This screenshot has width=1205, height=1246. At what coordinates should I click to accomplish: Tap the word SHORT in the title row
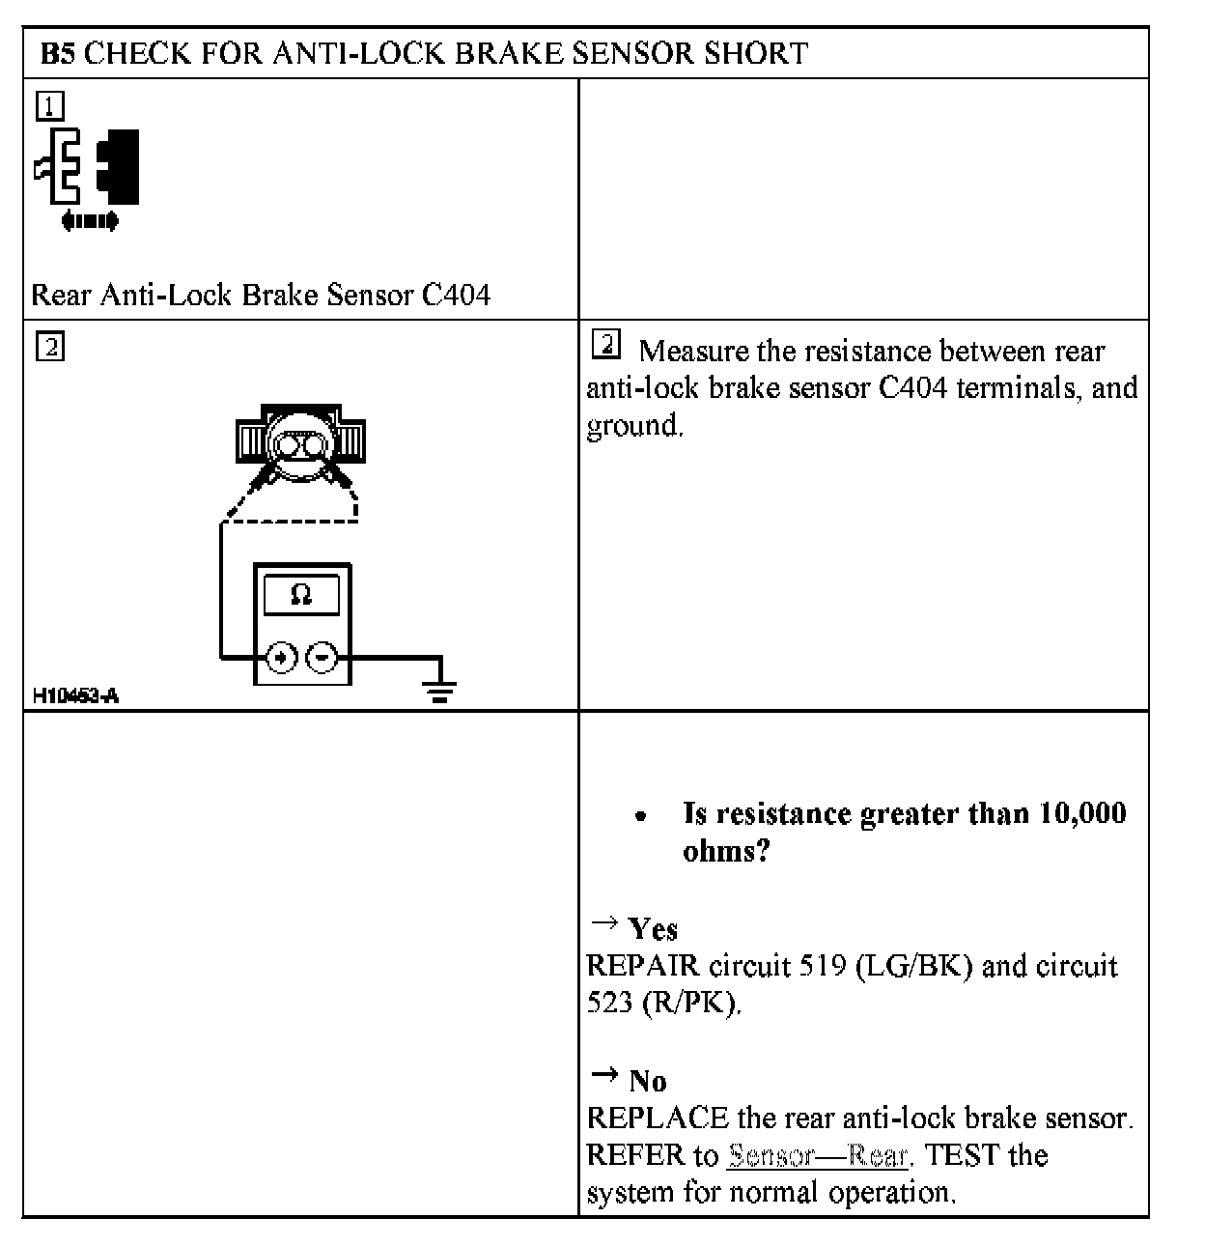click(756, 53)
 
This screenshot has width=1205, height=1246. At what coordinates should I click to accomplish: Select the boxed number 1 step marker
click(49, 104)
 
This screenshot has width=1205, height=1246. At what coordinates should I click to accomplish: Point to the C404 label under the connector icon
click(456, 295)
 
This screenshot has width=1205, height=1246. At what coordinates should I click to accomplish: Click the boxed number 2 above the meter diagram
click(49, 346)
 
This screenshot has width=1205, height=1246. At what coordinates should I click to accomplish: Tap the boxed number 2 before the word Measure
click(604, 344)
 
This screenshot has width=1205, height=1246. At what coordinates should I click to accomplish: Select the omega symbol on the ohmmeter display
click(301, 594)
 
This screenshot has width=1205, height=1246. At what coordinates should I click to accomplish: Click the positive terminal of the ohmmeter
click(281, 658)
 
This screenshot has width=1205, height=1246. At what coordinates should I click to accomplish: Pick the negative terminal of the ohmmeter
click(322, 658)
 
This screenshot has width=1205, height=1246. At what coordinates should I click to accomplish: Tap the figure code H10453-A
click(75, 695)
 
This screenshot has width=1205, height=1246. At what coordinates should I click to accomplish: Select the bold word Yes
click(653, 929)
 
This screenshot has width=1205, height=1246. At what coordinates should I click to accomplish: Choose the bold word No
click(648, 1081)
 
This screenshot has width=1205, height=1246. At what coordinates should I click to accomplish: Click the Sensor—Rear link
click(817, 1155)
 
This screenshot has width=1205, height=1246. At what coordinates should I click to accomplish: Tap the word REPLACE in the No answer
click(658, 1119)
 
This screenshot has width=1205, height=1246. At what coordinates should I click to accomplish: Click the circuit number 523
click(610, 1003)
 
